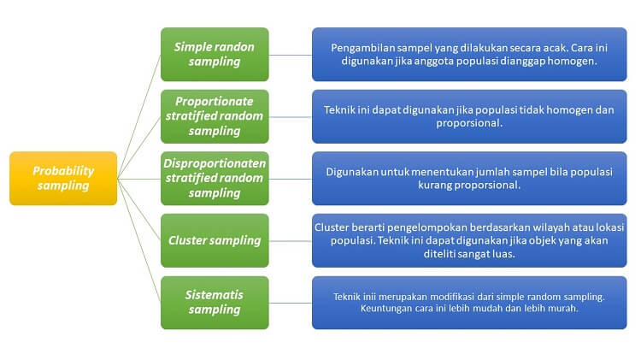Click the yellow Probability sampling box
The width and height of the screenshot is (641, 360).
tap(63, 179)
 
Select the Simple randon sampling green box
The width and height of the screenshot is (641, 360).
tap(215, 55)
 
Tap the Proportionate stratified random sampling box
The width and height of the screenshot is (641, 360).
tap(215, 116)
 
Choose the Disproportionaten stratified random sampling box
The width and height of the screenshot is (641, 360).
tap(215, 179)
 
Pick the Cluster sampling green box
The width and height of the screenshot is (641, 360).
tap(215, 240)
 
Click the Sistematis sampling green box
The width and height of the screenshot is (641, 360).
tap(215, 303)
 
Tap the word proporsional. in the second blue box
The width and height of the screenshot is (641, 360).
tap(469, 123)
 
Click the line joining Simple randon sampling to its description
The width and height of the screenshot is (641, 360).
tap(291, 55)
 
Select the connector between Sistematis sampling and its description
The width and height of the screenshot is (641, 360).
tap(291, 304)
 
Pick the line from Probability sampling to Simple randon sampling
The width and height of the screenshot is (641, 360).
tap(139, 116)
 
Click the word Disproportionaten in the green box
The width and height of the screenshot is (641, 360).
tap(215, 163)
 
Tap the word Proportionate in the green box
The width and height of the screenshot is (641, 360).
tap(215, 102)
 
